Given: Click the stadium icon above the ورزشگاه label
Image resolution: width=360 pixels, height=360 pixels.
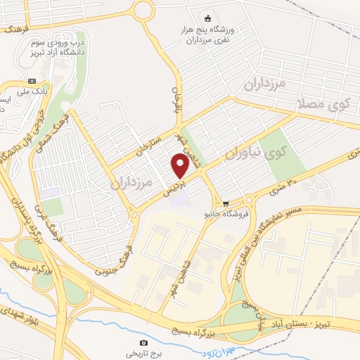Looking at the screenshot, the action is point(207,18).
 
